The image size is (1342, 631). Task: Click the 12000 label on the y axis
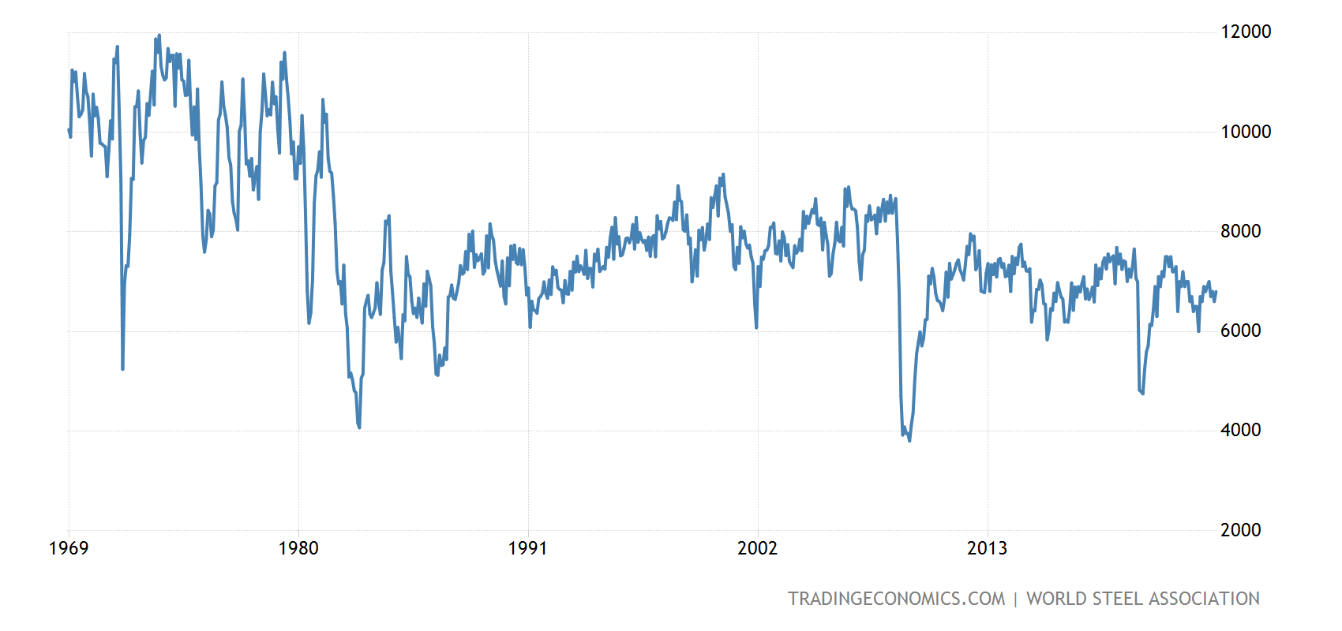(1246, 32)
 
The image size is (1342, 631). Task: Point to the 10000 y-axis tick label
(1246, 132)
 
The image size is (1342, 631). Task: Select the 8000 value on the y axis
(1241, 231)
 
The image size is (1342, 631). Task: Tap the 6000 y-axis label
(1241, 330)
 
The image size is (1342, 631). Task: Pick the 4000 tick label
(1241, 430)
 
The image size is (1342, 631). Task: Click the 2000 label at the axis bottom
(1241, 530)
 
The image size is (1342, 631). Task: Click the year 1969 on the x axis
(69, 548)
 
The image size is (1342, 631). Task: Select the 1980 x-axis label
(298, 548)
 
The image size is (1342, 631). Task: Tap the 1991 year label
(527, 548)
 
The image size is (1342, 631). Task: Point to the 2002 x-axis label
(757, 548)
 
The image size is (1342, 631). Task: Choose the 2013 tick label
(987, 548)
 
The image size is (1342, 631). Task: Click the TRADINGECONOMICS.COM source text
(896, 599)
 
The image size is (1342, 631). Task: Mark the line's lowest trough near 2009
(909, 440)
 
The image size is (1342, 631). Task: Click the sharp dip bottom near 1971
(122, 368)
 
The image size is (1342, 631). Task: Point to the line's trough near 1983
(359, 427)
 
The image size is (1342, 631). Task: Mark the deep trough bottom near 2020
(1142, 393)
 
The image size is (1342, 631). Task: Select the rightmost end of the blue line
(1216, 292)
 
